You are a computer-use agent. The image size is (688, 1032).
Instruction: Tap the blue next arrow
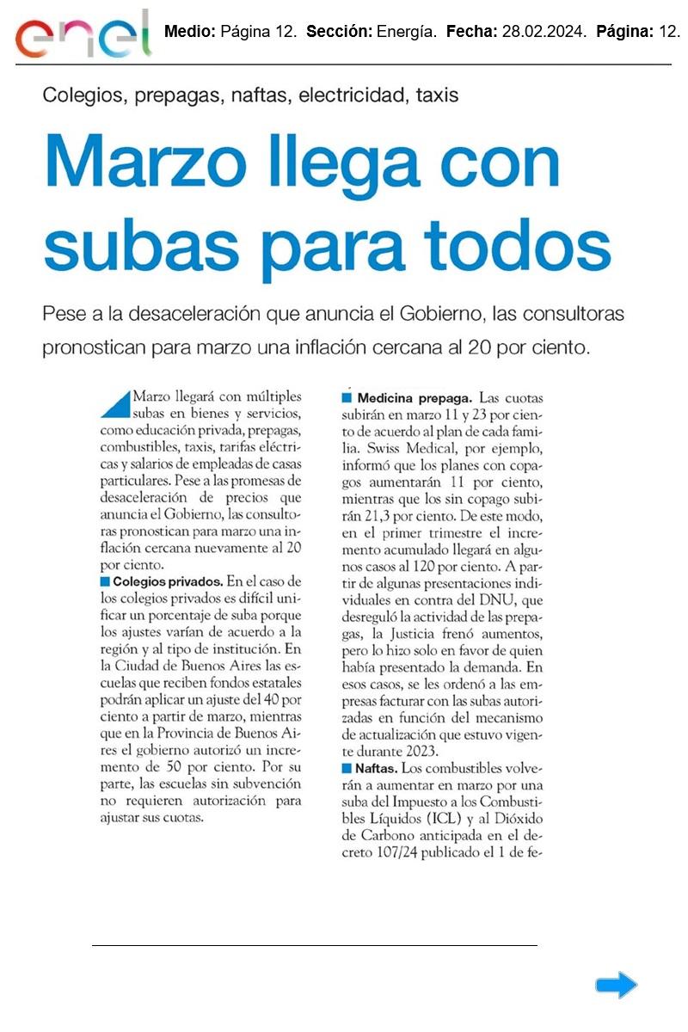tap(616, 985)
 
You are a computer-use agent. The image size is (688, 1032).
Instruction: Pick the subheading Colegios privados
tap(168, 581)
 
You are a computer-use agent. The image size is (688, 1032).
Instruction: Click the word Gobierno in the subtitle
tap(437, 313)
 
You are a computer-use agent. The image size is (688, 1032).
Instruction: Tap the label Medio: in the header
tap(189, 33)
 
